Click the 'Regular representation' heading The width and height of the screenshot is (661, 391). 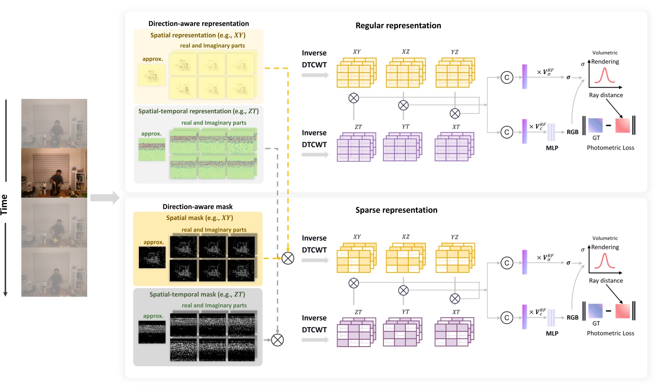[x=398, y=25]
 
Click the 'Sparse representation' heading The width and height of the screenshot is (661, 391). [x=396, y=210]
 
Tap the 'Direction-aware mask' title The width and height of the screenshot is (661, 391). [x=198, y=207]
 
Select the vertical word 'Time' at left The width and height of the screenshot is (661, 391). [x=4, y=205]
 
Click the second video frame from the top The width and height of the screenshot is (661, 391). [x=54, y=173]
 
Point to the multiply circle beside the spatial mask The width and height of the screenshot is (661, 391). [x=288, y=258]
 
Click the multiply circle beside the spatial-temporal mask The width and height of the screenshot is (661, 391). [x=277, y=340]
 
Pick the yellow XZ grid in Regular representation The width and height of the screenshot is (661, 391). [x=405, y=73]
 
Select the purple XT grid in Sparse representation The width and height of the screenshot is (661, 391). [x=454, y=332]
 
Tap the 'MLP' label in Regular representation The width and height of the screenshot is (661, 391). [x=552, y=148]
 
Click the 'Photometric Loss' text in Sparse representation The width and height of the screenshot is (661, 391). [x=610, y=333]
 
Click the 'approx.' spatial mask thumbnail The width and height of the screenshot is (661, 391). [x=152, y=257]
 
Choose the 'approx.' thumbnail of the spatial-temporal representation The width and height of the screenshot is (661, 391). [x=152, y=150]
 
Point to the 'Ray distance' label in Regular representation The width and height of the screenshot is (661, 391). [x=606, y=95]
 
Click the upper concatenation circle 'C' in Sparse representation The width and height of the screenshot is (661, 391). [x=507, y=263]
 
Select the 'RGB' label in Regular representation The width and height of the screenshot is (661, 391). [x=572, y=132]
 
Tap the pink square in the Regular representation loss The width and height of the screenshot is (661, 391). [x=622, y=125]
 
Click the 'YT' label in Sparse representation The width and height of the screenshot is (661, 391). [x=406, y=311]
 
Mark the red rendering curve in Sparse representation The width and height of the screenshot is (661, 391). [x=605, y=261]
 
